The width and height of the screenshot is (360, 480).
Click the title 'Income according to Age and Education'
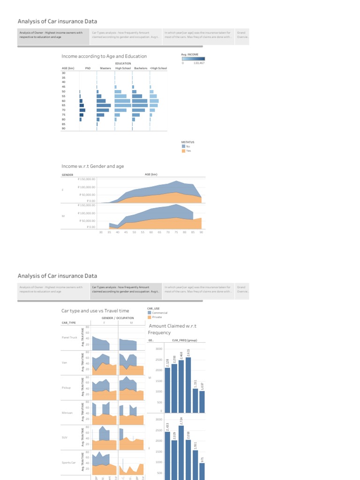pyautogui.click(x=104, y=56)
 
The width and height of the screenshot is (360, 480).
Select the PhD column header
pyautogui.click(x=88, y=68)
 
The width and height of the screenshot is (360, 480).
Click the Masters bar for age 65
pyautogui.click(x=104, y=105)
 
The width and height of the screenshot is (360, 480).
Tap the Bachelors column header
pyautogui.click(x=141, y=68)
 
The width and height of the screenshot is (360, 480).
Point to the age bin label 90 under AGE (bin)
pyautogui.click(x=63, y=128)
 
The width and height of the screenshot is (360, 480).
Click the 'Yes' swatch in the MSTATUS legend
pyautogui.click(x=183, y=150)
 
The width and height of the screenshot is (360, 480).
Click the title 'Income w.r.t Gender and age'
pyautogui.click(x=93, y=166)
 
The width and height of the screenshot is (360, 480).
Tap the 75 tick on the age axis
pyautogui.click(x=176, y=232)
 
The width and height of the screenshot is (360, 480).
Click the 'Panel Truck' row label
pyautogui.click(x=69, y=337)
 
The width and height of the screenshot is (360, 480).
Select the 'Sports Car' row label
pyautogui.click(x=68, y=463)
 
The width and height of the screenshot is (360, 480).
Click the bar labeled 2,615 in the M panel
pyautogui.click(x=188, y=384)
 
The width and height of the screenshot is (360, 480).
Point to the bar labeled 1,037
pyautogui.click(x=202, y=401)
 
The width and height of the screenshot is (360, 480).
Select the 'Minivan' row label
pyautogui.click(x=67, y=413)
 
